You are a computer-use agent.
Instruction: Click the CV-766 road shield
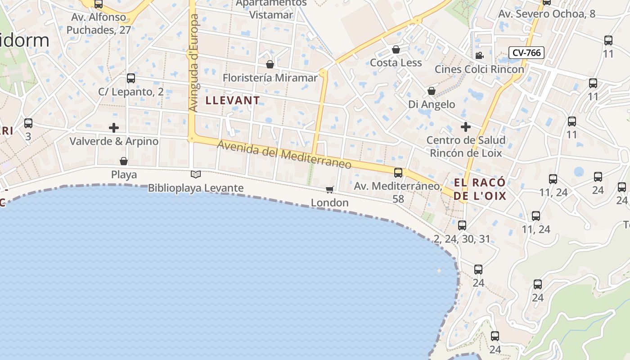tap(526, 53)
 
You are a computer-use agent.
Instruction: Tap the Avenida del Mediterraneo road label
tap(284, 154)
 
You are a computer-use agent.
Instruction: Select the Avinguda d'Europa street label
tap(194, 63)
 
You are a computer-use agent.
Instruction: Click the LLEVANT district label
tap(233, 100)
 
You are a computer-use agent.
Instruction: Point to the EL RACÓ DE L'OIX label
tap(480, 189)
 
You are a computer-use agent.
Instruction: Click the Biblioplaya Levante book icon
tap(196, 174)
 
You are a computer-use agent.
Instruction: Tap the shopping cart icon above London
tap(330, 189)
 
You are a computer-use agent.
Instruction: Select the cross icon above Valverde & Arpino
tap(114, 127)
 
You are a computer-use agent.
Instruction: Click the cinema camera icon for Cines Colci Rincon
tap(479, 55)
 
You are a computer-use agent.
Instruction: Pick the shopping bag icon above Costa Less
tap(396, 49)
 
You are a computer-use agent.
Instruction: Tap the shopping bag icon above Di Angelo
tap(431, 91)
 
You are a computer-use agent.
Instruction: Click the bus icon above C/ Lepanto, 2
tap(131, 78)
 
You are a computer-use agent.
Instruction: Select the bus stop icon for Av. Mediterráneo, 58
tap(398, 172)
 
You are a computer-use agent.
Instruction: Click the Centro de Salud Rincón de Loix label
tap(466, 146)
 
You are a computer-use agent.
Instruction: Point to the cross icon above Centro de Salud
tap(466, 126)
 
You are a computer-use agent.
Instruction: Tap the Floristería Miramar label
tap(270, 78)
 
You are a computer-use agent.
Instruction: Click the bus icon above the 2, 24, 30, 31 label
tap(462, 225)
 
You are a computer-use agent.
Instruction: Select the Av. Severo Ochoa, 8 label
tap(547, 14)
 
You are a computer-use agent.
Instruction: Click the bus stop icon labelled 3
tap(28, 123)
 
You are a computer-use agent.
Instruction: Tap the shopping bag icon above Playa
tap(124, 161)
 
